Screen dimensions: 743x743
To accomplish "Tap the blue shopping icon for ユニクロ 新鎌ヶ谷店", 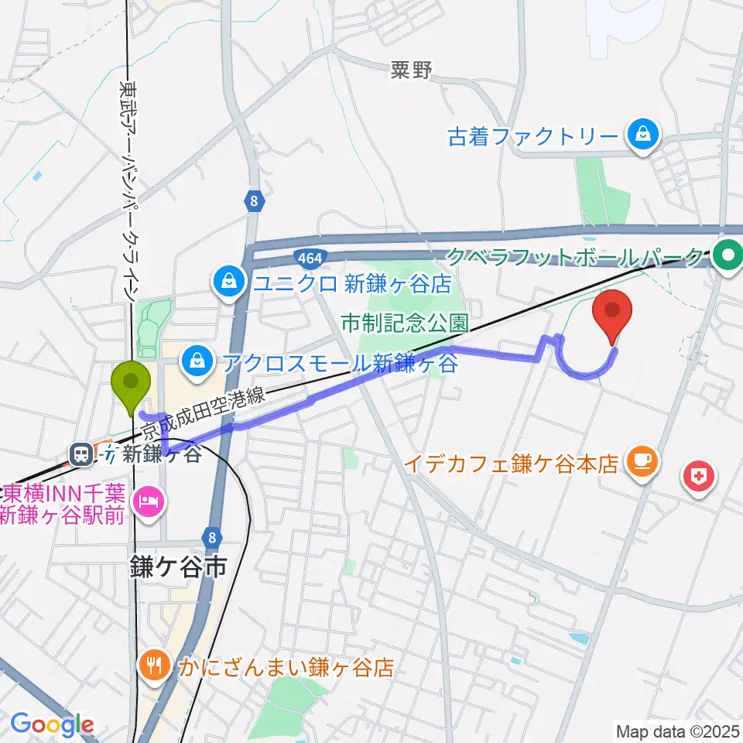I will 229,282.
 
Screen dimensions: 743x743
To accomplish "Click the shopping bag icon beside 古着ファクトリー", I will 643,138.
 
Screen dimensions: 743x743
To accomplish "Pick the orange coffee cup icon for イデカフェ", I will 643,463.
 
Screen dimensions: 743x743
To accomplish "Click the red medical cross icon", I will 698,474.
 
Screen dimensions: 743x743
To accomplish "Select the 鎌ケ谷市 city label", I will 178,569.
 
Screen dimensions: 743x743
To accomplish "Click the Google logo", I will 52,725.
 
